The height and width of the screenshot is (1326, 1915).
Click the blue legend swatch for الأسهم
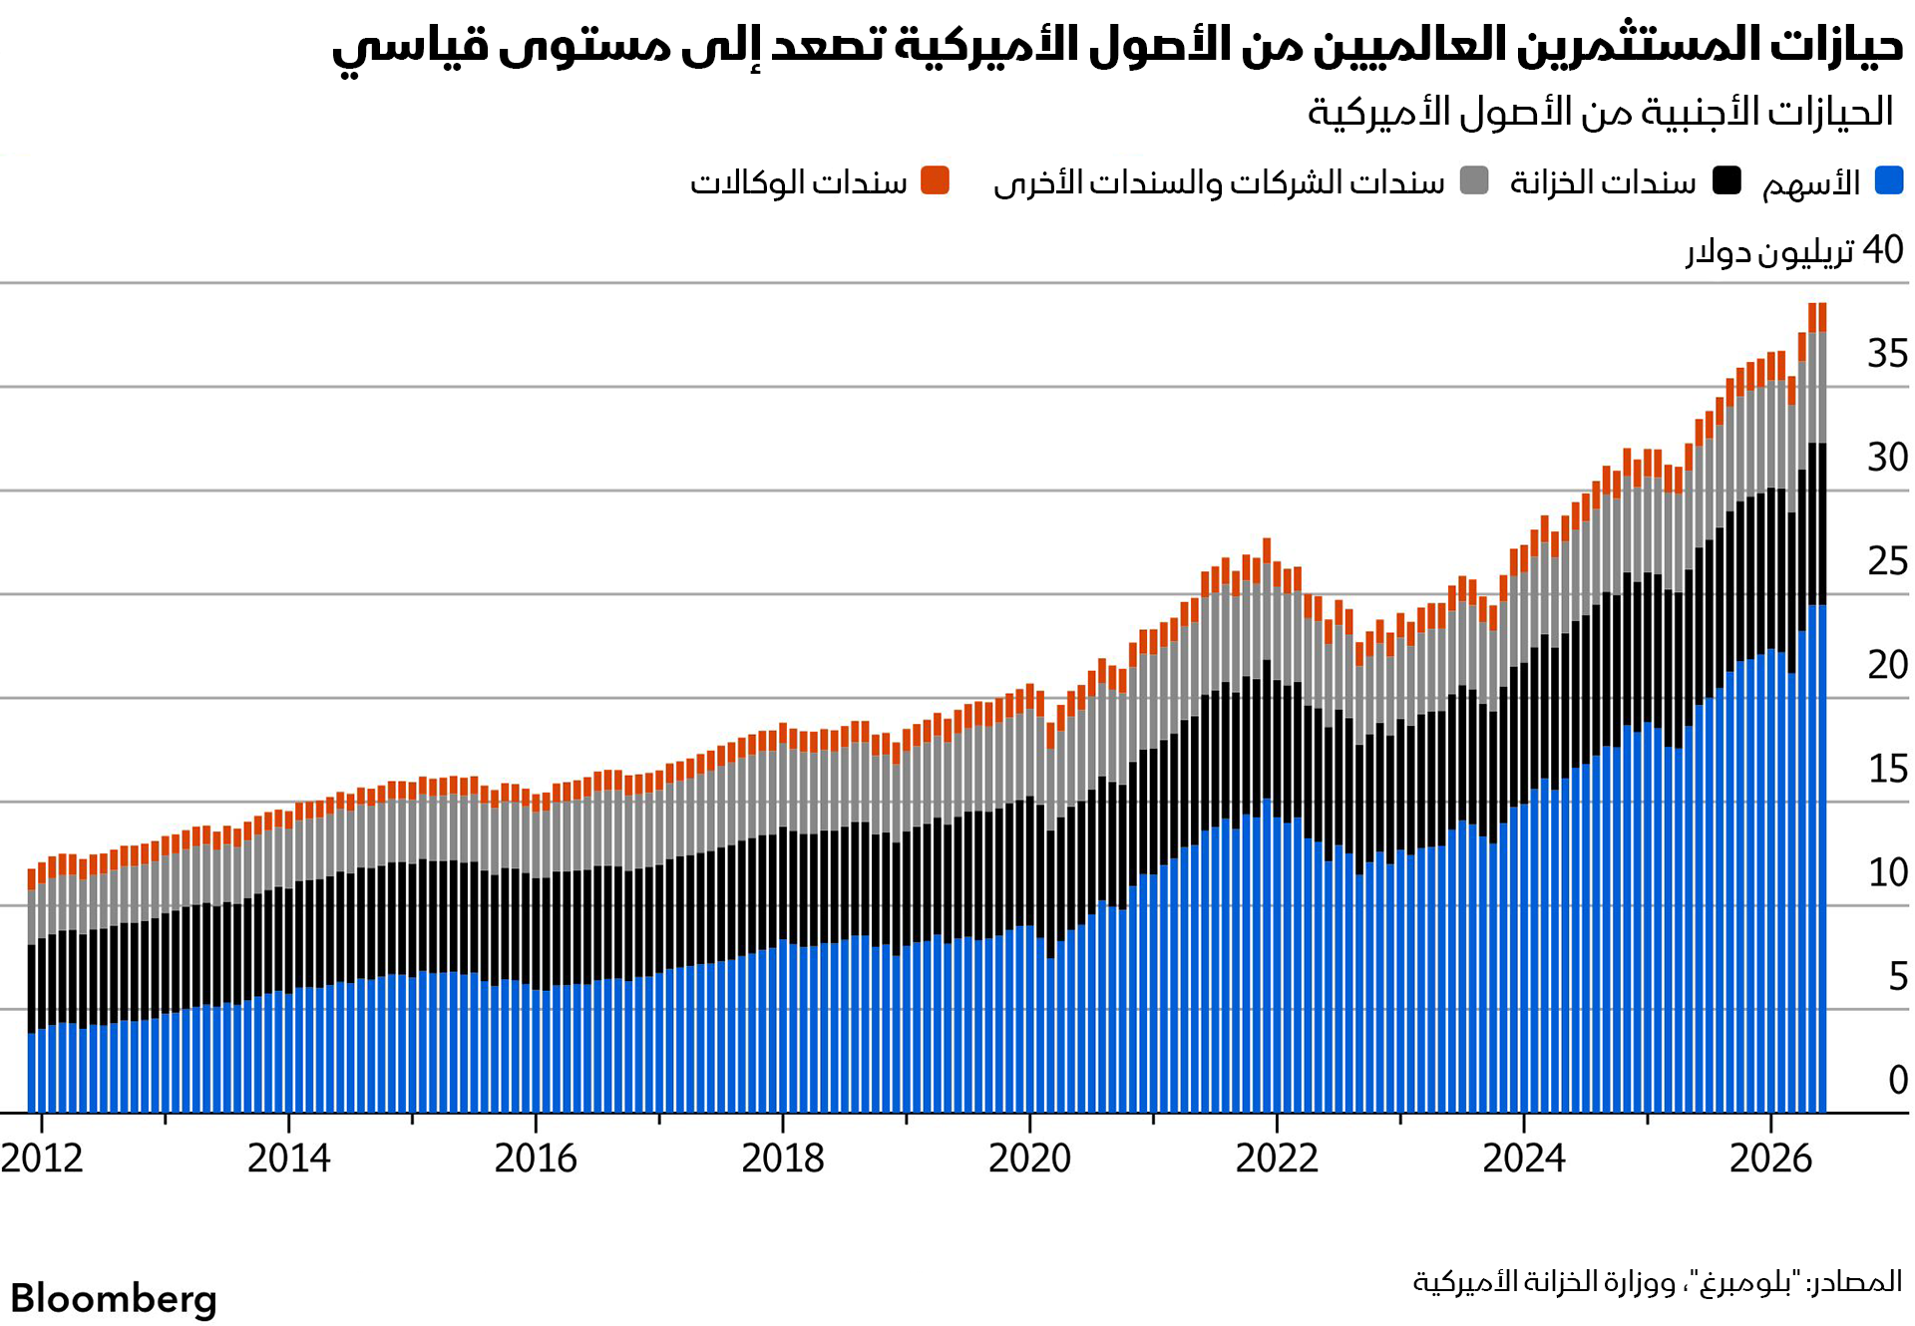pyautogui.click(x=1889, y=180)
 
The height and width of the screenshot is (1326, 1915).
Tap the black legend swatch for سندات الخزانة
pyautogui.click(x=1726, y=180)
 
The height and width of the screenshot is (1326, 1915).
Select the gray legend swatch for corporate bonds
pyautogui.click(x=1474, y=180)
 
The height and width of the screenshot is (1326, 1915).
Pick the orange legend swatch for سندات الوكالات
pyautogui.click(x=936, y=180)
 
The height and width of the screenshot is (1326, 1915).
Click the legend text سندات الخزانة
pyautogui.click(x=1603, y=182)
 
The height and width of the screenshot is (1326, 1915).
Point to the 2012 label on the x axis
pyautogui.click(x=42, y=1159)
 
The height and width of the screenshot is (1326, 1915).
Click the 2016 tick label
pyautogui.click(x=536, y=1159)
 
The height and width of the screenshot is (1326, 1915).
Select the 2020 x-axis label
pyautogui.click(x=1029, y=1159)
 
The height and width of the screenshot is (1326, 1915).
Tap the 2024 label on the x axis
pyautogui.click(x=1524, y=1159)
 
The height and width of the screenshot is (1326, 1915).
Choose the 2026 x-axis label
pyautogui.click(x=1771, y=1159)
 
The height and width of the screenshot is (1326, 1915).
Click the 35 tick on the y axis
pyautogui.click(x=1887, y=354)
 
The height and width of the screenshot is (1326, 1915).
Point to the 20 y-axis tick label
pyautogui.click(x=1887, y=665)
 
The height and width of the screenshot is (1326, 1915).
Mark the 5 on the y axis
pyautogui.click(x=1898, y=976)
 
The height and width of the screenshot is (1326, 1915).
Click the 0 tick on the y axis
pyautogui.click(x=1898, y=1080)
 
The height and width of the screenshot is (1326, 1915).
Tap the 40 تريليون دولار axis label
pyautogui.click(x=1795, y=250)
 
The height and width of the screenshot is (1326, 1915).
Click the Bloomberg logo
pyautogui.click(x=114, y=1299)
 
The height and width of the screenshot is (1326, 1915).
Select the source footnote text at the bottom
pyautogui.click(x=1658, y=1282)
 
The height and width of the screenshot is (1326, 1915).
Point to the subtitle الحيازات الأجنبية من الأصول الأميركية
pyautogui.click(x=1600, y=112)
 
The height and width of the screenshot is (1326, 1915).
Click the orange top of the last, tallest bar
pyautogui.click(x=1822, y=317)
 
